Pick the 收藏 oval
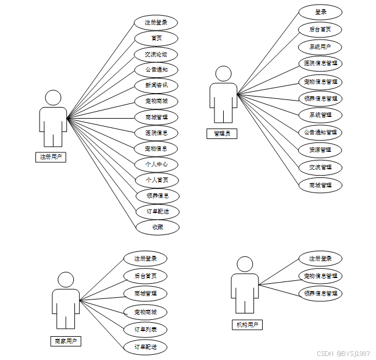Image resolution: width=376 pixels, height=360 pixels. (x=157, y=227)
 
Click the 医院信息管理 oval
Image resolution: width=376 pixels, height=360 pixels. (x=320, y=63)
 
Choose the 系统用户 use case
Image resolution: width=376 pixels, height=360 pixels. (x=320, y=47)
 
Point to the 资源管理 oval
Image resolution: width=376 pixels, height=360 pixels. (x=320, y=149)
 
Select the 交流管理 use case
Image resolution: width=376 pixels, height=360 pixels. (x=320, y=167)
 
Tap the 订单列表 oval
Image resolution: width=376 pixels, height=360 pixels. (x=145, y=330)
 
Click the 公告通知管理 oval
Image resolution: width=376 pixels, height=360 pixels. (x=320, y=132)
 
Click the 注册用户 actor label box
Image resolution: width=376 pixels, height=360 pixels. (x=51, y=156)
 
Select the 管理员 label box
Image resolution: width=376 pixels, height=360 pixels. (x=221, y=134)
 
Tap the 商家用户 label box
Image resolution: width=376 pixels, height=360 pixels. (x=65, y=341)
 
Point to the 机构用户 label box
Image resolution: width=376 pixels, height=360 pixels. (x=246, y=325)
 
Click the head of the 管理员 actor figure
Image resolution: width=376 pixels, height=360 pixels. (x=223, y=74)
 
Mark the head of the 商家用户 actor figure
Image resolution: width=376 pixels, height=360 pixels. (x=66, y=280)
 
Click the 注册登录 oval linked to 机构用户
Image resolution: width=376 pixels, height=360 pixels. (x=320, y=259)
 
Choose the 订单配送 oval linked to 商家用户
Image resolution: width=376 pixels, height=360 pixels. (x=145, y=347)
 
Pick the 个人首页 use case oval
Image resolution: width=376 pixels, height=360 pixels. (x=157, y=180)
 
